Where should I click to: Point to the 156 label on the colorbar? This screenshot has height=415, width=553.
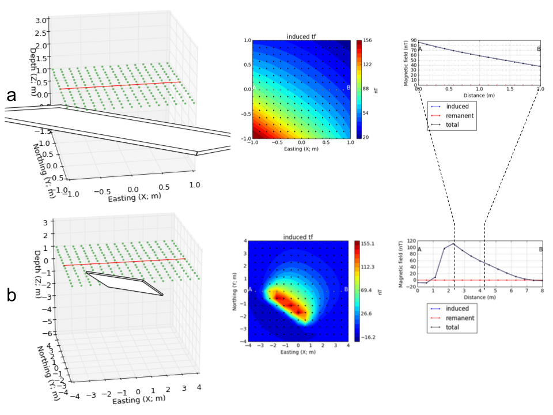(x=367, y=40)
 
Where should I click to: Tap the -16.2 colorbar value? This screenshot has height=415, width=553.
(x=370, y=337)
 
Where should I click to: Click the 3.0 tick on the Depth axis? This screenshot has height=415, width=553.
(x=40, y=20)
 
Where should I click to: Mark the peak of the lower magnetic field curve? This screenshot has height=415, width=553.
(x=453, y=244)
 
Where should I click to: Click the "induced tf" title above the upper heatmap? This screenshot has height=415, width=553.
(x=301, y=37)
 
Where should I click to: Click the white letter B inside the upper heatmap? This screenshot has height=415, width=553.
(x=349, y=88)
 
